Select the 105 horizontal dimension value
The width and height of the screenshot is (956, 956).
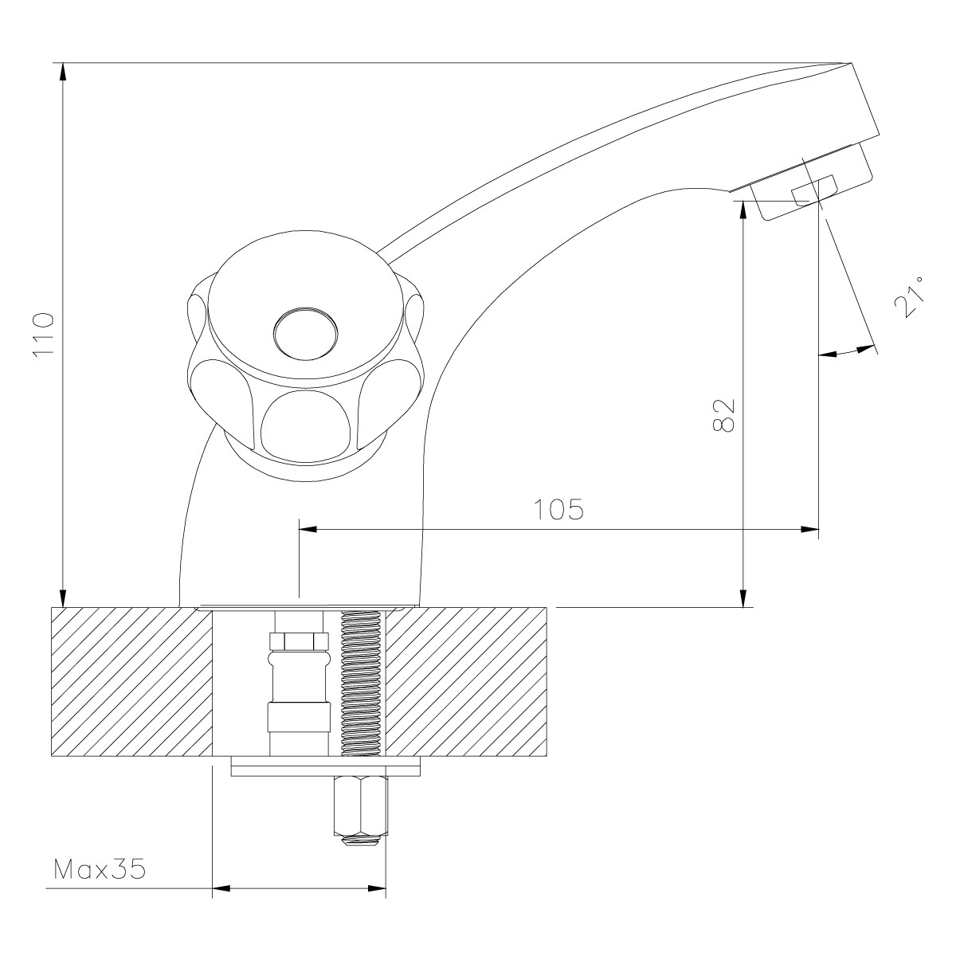(x=558, y=509)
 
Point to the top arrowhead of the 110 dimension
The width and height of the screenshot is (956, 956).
(x=63, y=72)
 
